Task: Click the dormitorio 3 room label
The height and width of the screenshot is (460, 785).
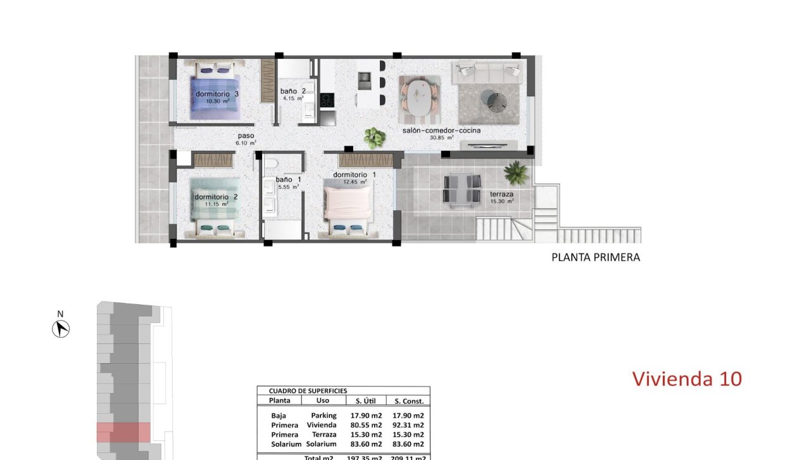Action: (x=217, y=94)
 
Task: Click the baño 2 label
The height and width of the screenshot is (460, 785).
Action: (x=293, y=91)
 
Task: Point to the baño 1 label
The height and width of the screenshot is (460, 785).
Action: (x=288, y=179)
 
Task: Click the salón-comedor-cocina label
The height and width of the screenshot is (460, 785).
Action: (x=441, y=131)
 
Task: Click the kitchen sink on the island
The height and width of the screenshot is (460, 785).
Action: (x=365, y=80)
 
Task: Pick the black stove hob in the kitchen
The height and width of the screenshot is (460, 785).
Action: (x=327, y=100)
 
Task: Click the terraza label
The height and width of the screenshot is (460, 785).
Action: (x=501, y=194)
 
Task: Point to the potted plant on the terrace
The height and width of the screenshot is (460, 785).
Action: (x=517, y=171)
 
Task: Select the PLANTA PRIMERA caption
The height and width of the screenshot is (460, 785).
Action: (x=596, y=257)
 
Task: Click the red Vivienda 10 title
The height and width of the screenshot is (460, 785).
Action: (x=687, y=379)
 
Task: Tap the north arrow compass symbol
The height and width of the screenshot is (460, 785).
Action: (x=61, y=329)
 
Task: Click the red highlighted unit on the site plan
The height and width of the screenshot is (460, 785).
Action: (x=123, y=432)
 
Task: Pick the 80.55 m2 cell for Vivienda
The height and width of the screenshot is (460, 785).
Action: (x=367, y=425)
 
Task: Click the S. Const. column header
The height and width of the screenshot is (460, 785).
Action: (x=408, y=401)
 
